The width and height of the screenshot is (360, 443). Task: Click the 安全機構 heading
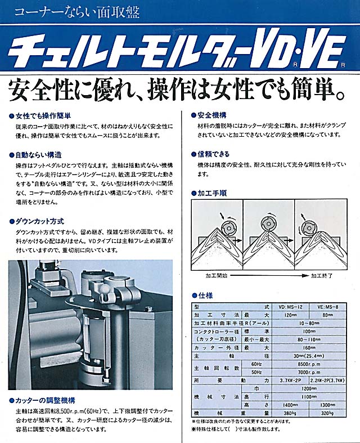click(x=213, y=114)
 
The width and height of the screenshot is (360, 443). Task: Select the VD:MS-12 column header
click(x=291, y=306)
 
